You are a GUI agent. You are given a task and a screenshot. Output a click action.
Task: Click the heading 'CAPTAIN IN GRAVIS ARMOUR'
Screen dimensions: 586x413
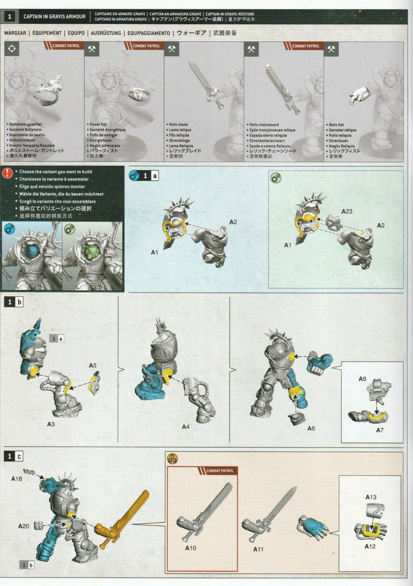[x=54, y=17]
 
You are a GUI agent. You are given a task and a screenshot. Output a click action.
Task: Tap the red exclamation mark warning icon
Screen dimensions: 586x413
[x=7, y=173]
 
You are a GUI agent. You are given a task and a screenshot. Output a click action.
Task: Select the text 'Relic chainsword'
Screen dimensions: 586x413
[x=264, y=125]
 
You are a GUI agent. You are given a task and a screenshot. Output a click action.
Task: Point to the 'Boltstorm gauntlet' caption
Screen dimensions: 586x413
[x=25, y=124]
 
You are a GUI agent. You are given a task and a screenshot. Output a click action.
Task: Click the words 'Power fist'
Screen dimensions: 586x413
[x=98, y=124]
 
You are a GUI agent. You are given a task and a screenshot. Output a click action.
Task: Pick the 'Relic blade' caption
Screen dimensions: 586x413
[x=178, y=124]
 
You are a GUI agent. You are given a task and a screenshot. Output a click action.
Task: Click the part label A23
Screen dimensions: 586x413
[x=346, y=211]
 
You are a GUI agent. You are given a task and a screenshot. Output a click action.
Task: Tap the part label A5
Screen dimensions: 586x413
[x=93, y=366]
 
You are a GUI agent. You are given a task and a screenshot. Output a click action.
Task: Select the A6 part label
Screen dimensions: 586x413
[x=311, y=429]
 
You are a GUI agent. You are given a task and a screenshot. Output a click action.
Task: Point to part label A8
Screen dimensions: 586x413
[x=362, y=379]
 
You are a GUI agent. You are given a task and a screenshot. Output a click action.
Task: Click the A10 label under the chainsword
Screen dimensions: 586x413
[x=190, y=548]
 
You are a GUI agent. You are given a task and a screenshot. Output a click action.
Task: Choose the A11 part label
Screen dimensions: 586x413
[x=258, y=549]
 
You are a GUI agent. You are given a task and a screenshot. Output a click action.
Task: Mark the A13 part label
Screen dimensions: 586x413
[x=371, y=497]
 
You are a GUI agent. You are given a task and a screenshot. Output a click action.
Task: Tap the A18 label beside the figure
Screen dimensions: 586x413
[x=17, y=479]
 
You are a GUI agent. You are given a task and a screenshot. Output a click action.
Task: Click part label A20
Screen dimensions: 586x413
[x=24, y=526]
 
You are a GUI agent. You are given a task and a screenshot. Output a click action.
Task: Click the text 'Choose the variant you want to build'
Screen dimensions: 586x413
[x=56, y=172]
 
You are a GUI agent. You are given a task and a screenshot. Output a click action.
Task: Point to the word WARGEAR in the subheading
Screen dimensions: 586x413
[x=15, y=33]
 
